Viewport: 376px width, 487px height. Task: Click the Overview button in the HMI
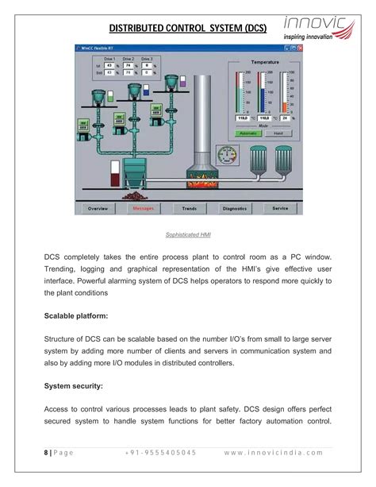pos(98,208)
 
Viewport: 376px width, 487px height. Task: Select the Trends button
pos(189,208)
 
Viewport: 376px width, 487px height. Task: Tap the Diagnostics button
pos(235,208)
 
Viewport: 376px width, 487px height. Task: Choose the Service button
pos(280,208)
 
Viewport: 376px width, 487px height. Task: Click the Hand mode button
pos(278,133)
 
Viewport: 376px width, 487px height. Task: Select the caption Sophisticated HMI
pos(188,234)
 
